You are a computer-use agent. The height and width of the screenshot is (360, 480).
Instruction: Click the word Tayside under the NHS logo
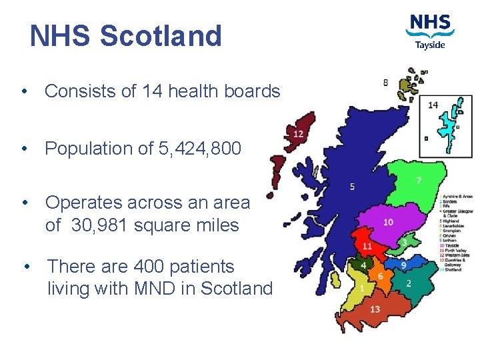tap(431, 45)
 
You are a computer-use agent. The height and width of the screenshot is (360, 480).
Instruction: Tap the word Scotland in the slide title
tap(161, 36)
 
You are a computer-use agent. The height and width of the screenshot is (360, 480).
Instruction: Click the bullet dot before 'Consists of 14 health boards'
tap(23, 91)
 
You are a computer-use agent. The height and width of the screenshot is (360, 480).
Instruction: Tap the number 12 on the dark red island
tap(298, 134)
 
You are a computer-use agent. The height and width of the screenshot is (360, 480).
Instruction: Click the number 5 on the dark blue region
tap(352, 186)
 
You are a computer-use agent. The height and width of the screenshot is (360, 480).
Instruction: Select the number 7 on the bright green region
tap(419, 181)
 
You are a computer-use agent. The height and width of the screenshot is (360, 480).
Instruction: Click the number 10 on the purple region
tap(388, 222)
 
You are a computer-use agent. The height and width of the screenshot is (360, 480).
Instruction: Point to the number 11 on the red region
tap(367, 247)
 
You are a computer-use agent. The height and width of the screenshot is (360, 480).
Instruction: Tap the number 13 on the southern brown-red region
tap(375, 309)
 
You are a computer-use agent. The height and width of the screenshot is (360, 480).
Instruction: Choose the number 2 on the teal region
tap(408, 283)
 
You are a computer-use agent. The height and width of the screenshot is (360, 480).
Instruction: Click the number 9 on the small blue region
tap(403, 265)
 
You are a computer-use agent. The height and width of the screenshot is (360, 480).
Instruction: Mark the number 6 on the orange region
tap(380, 276)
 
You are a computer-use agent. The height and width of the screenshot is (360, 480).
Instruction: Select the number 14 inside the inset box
tap(433, 105)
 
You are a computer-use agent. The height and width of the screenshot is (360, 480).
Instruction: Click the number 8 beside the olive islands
tap(386, 83)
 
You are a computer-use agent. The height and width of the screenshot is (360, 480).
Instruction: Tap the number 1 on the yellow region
tap(361, 288)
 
